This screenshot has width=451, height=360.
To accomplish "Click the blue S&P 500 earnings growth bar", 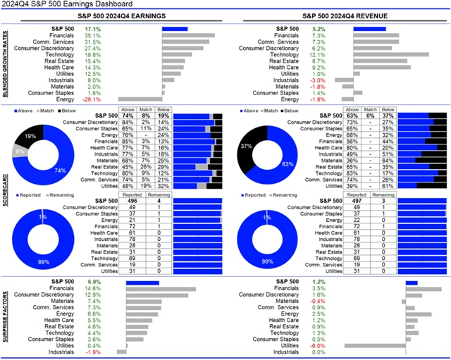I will point(175,29).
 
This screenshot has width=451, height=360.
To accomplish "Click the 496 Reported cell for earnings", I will point(132,201).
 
